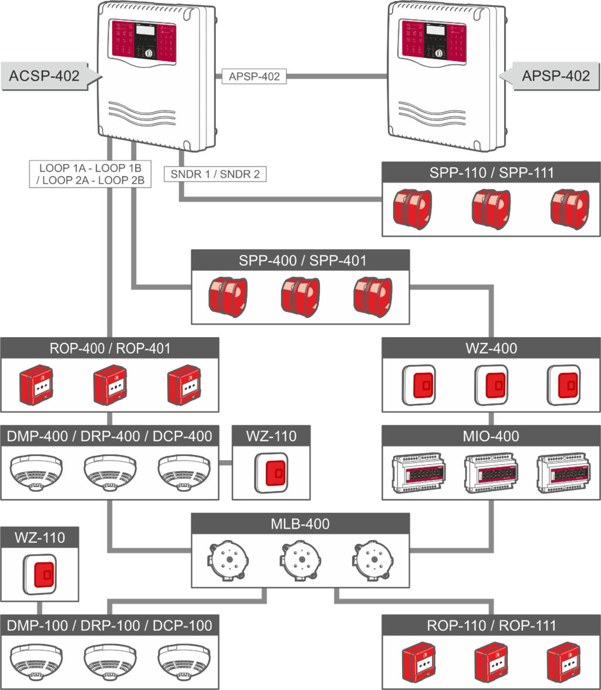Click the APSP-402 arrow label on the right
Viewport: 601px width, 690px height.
coord(555,76)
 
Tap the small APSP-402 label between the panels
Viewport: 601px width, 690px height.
coord(254,76)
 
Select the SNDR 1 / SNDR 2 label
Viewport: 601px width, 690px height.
coord(215,174)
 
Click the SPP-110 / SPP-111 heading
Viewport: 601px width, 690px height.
coord(491,173)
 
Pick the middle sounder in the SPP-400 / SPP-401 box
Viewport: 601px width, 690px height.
coord(300,295)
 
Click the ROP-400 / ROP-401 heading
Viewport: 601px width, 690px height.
coord(110,348)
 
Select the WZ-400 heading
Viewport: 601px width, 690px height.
coord(491,348)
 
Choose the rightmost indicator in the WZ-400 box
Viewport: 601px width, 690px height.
coord(563,385)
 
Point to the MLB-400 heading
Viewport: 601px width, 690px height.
coord(300,524)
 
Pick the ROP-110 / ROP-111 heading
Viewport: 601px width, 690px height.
coord(491,625)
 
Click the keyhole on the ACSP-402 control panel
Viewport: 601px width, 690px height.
coord(148,53)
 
